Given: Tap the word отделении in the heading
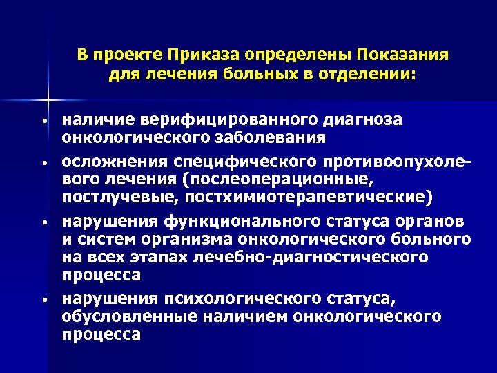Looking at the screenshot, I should (x=370, y=73).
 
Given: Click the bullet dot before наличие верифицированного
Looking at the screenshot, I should (x=43, y=122).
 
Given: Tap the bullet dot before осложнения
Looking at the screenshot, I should (x=43, y=164).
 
